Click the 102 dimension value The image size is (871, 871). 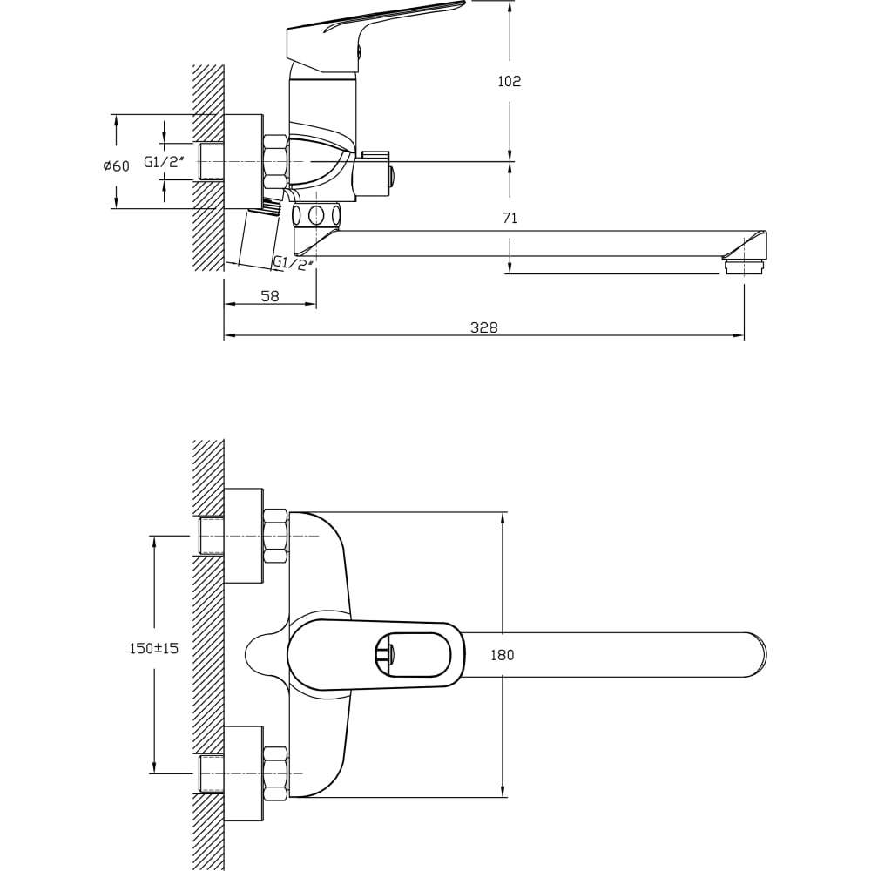click(509, 81)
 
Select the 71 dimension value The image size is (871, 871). click(510, 219)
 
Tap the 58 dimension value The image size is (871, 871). click(270, 296)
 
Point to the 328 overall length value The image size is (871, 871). click(483, 327)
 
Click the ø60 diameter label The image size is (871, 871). click(116, 165)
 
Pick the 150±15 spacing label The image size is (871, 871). click(154, 648)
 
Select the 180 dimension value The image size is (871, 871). click(503, 656)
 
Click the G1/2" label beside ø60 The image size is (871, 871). click(164, 162)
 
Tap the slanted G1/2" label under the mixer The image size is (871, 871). click(294, 262)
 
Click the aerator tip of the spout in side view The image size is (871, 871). click(745, 266)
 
